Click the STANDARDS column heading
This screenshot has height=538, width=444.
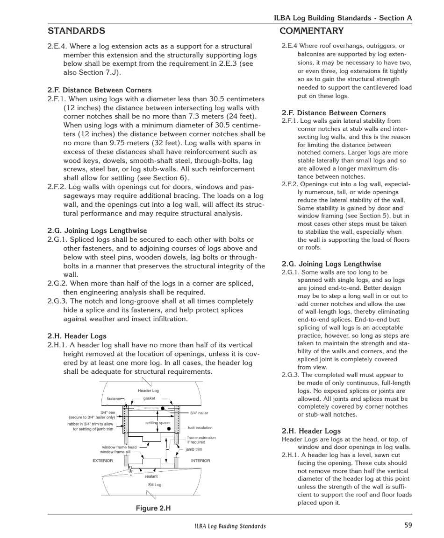[x=76, y=31]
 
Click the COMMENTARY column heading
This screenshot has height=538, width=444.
[x=311, y=31]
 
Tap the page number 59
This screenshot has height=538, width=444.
[x=408, y=525]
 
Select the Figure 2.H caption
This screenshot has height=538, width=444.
[x=153, y=508]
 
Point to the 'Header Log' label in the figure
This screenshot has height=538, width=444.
[x=149, y=391]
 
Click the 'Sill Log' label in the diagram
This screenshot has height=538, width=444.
[x=154, y=485]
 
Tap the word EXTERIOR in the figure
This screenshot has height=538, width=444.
[x=103, y=461]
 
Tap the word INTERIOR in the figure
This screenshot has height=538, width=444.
[x=201, y=461]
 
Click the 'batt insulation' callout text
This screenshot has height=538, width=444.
[x=200, y=427]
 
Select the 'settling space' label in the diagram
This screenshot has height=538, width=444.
[x=157, y=423]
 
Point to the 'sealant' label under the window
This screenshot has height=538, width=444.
[x=151, y=476]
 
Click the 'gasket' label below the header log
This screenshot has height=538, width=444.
[x=149, y=398]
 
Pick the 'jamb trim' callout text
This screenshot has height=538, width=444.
[x=193, y=449]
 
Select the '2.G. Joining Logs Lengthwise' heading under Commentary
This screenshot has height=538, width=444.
[x=331, y=264]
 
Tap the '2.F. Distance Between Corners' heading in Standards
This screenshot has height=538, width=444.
[x=99, y=90]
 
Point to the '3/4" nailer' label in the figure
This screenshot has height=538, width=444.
[x=199, y=413]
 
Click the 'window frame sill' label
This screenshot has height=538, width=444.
[x=115, y=452]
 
